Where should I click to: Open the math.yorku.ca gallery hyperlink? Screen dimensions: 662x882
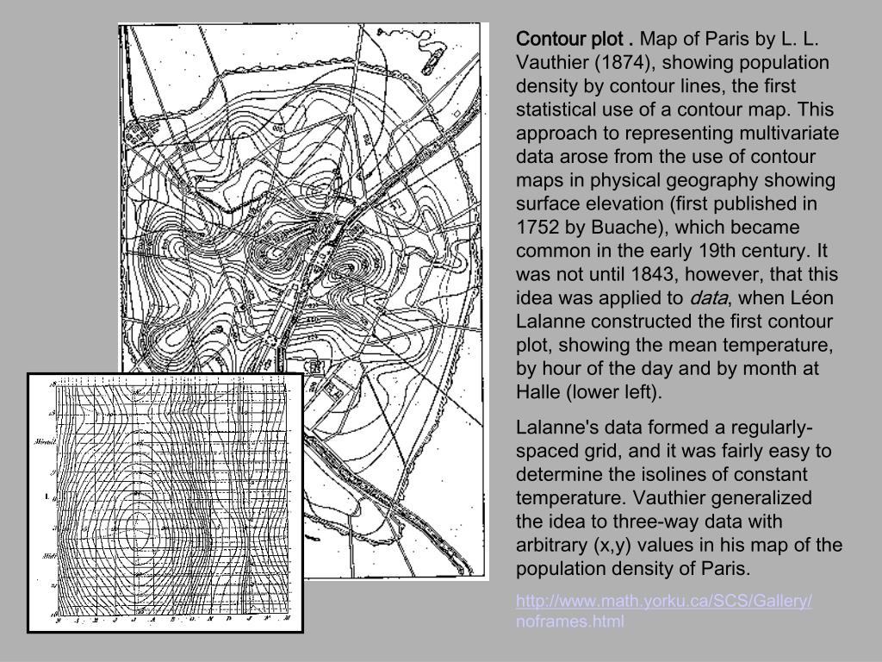pyautogui.click(x=663, y=601)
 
